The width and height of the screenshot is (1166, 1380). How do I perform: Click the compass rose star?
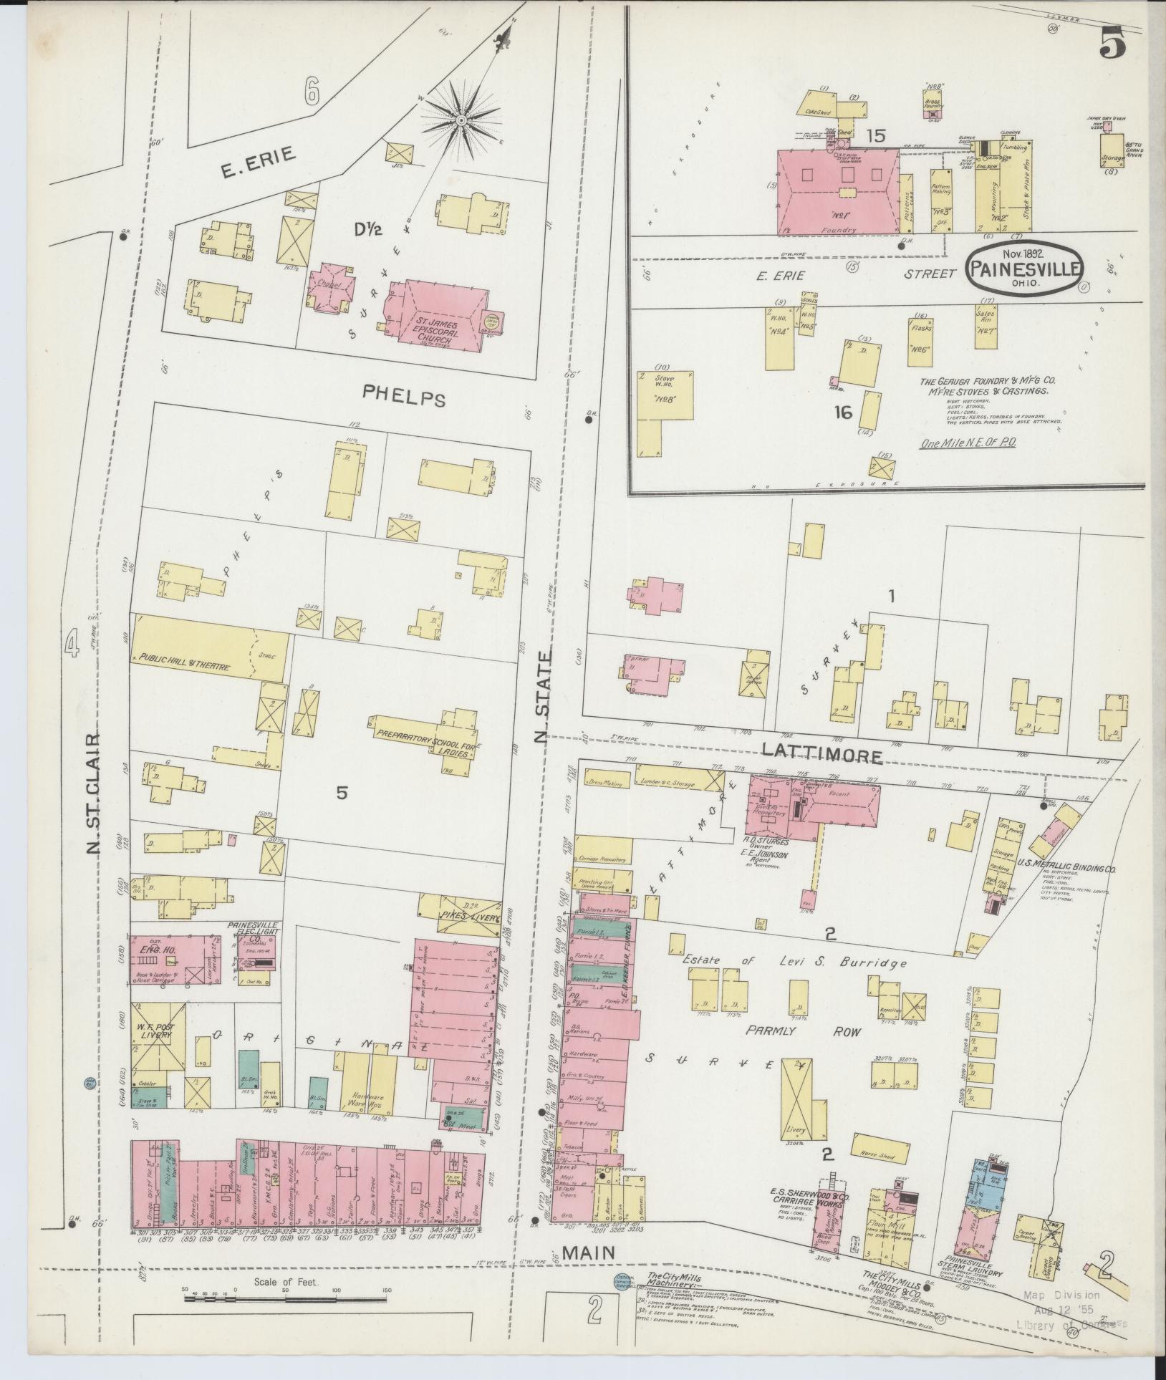pos(463,118)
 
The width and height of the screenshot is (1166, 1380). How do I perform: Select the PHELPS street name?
pos(403,394)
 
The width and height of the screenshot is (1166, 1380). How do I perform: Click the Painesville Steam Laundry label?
pos(973,1271)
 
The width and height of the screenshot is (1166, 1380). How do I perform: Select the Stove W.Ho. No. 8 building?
pos(665,395)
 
